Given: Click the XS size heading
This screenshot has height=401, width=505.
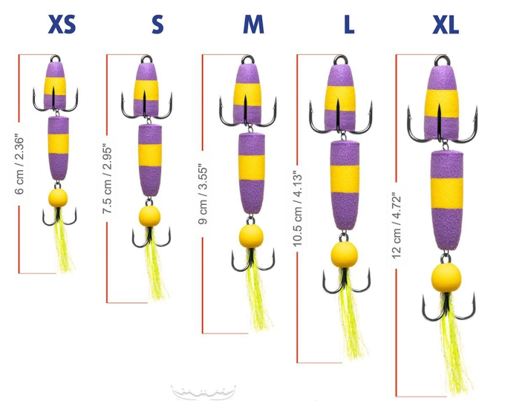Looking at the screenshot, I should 62,25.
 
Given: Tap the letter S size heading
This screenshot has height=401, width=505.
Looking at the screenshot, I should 157,25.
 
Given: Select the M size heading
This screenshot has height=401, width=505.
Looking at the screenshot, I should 253,25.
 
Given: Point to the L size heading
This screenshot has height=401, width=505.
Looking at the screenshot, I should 348,25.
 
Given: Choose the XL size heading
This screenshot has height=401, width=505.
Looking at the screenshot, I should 446,25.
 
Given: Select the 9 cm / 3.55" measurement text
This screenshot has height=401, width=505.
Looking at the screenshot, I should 201,193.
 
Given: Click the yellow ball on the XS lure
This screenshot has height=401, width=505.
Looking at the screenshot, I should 57,198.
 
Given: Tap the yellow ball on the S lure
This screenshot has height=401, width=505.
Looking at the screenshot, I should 150,216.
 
